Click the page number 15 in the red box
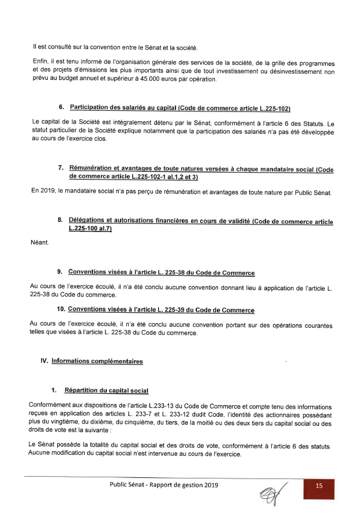point(320,486)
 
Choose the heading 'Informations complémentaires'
point(97,361)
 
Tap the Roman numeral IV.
point(44,361)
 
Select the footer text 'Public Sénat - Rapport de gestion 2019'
point(164,485)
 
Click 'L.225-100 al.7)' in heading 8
point(90,230)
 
